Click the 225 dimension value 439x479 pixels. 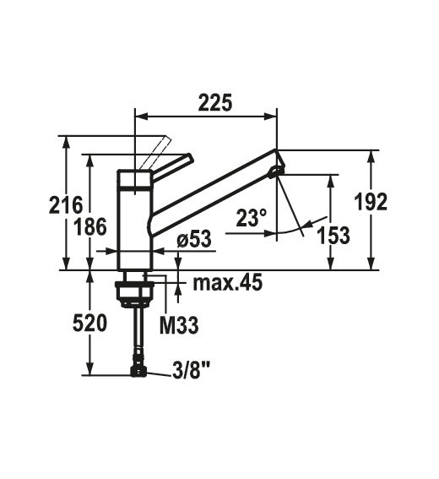216,102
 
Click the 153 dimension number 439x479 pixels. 333,236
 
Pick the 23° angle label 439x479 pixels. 251,219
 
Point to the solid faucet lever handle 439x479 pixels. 173,162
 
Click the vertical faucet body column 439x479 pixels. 134,220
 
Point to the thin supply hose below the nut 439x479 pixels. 136,334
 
